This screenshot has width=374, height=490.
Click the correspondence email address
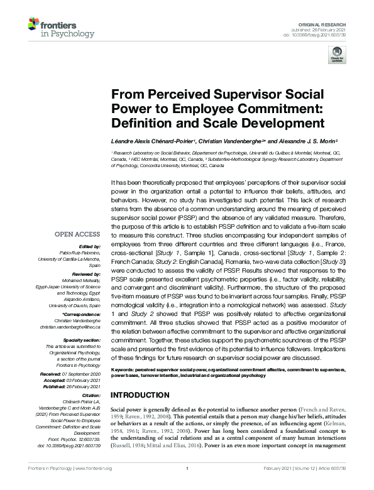click(70, 325)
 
